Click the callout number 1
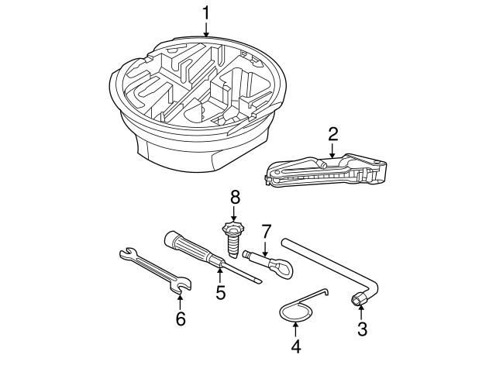tap(206, 12)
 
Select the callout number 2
tap(332, 133)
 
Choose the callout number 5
tap(220, 293)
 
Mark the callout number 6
tap(180, 319)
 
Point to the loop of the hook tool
tap(294, 312)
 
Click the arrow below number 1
tap(206, 29)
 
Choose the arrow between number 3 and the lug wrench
tap(360, 314)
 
